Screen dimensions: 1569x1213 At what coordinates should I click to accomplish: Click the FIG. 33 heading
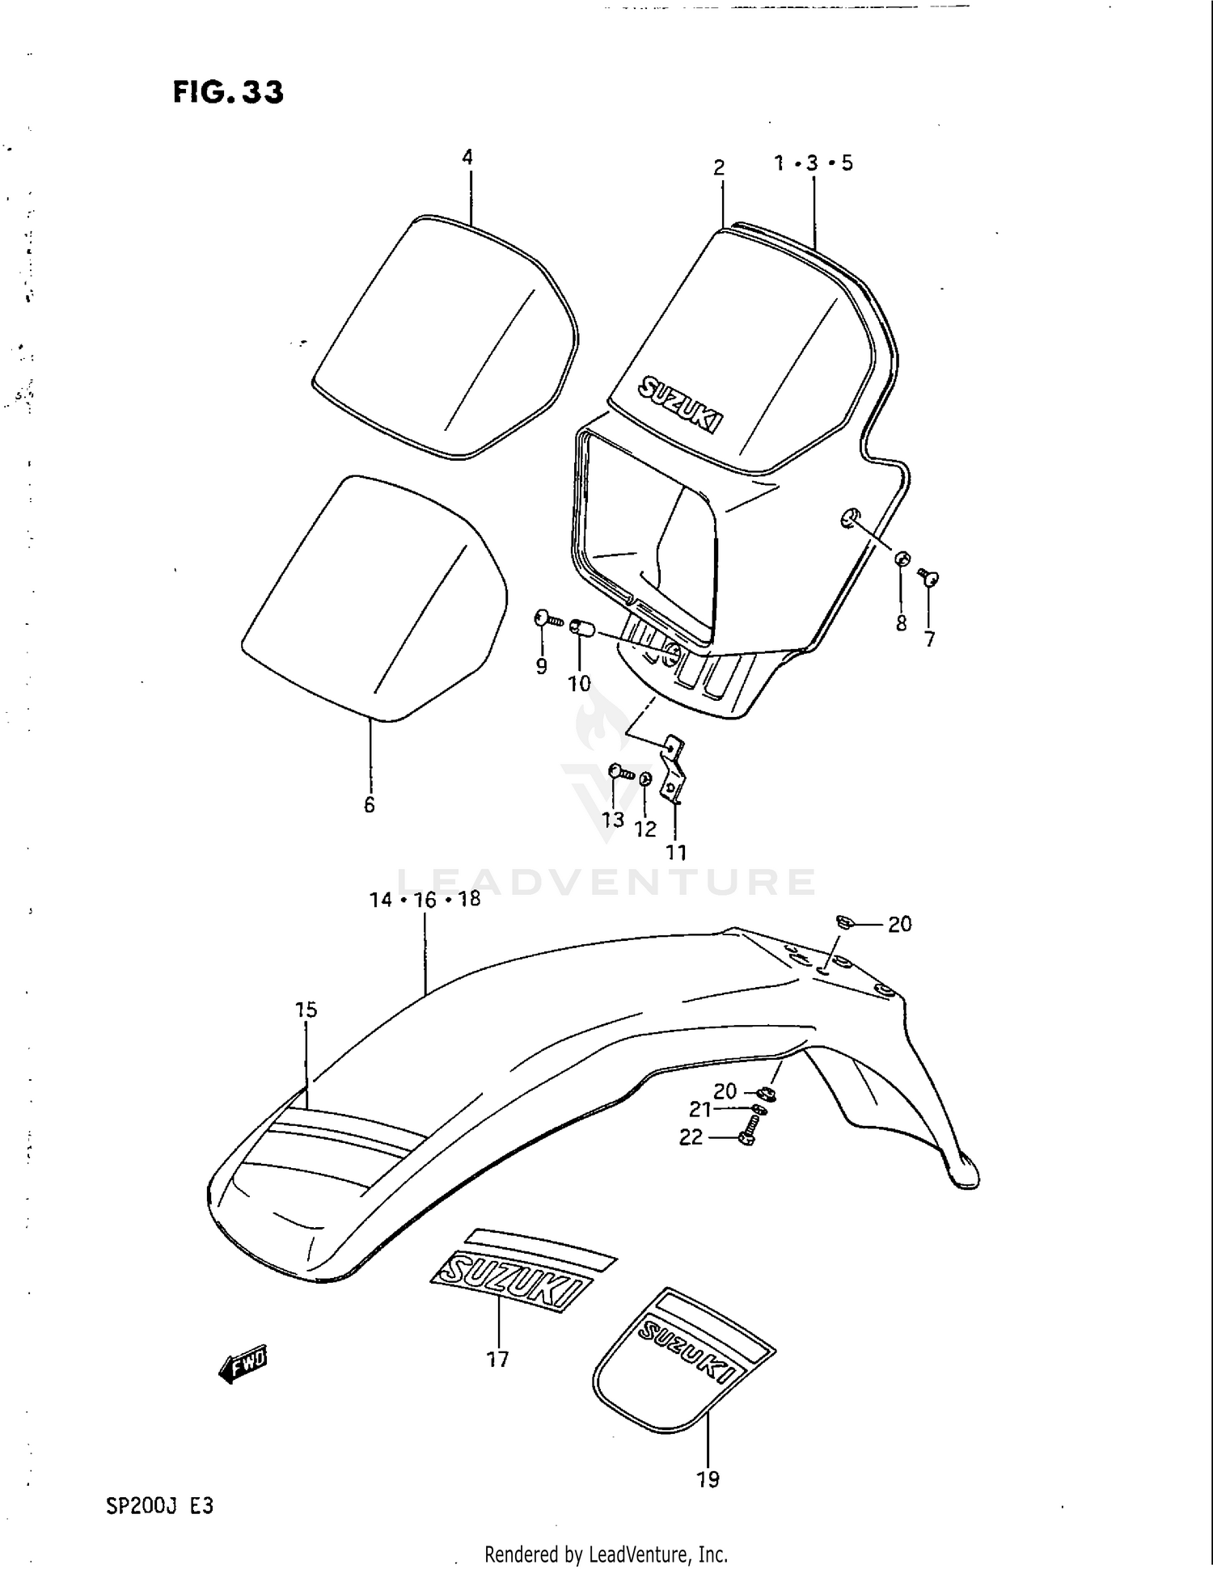(228, 93)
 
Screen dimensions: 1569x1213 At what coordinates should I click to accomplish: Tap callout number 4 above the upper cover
(467, 157)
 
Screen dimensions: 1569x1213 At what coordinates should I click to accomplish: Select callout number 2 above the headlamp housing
(719, 167)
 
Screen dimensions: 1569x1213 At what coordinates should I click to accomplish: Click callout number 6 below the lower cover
(370, 804)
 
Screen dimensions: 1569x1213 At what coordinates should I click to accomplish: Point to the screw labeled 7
(928, 576)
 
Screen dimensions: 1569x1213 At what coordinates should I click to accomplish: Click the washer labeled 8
(902, 558)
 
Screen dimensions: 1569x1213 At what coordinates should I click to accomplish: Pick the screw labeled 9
(547, 620)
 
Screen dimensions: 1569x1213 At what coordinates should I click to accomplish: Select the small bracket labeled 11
(673, 767)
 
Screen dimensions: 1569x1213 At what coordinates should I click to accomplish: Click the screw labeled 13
(619, 772)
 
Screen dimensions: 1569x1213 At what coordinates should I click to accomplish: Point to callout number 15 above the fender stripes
(306, 1010)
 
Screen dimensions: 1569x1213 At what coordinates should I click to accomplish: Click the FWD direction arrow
(243, 1364)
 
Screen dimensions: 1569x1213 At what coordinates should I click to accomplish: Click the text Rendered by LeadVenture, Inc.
(606, 1554)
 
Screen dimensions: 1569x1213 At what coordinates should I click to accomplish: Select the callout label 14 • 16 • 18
(425, 899)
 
